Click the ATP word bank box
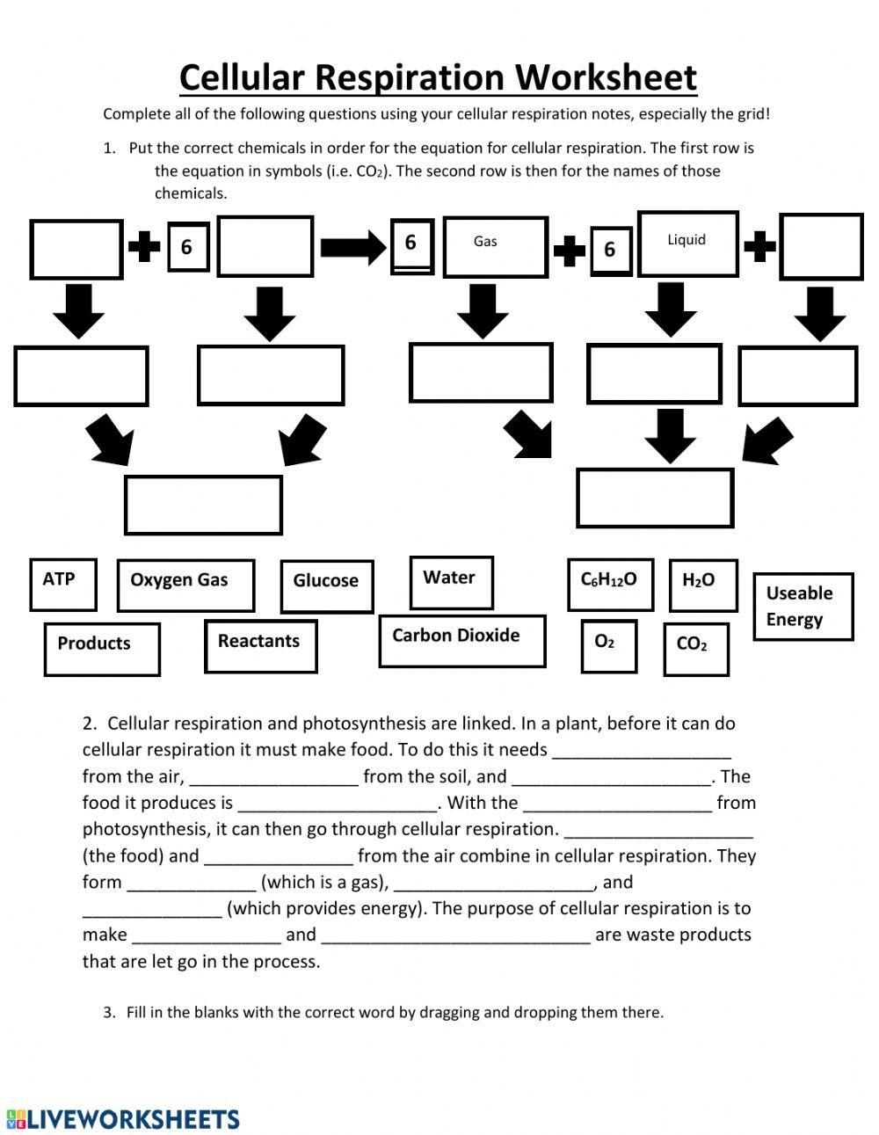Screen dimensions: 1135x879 click(x=62, y=584)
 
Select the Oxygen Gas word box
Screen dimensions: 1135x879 click(x=185, y=586)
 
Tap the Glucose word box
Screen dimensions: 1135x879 click(x=326, y=586)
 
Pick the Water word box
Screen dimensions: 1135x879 click(x=451, y=582)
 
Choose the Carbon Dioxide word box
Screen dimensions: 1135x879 click(x=462, y=641)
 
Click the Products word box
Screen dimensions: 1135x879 click(x=102, y=649)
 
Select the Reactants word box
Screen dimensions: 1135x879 click(x=260, y=646)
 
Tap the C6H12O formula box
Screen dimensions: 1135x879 click(x=610, y=585)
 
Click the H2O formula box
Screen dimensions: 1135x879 click(x=702, y=585)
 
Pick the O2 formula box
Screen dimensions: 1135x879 click(x=607, y=646)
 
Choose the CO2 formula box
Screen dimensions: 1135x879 click(x=695, y=649)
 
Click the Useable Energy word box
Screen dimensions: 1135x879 click(x=803, y=606)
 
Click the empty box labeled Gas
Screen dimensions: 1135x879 click(x=495, y=247)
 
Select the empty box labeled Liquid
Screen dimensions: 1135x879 click(x=686, y=244)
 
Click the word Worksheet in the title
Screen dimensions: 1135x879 click(x=606, y=77)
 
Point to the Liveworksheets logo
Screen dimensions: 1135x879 click(x=123, y=1118)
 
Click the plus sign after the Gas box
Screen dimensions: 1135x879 click(x=569, y=249)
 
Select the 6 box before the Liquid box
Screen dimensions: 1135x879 click(x=609, y=250)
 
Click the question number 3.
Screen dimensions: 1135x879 click(x=109, y=1013)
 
